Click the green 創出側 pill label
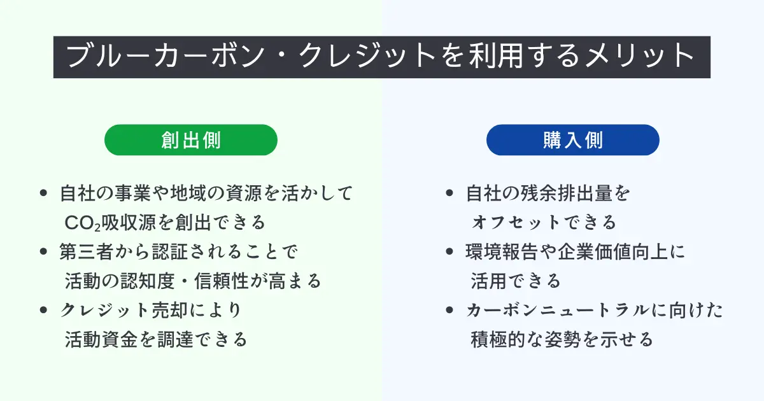pyautogui.click(x=191, y=140)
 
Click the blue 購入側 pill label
pyautogui.click(x=572, y=140)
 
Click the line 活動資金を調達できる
pyautogui.click(x=156, y=339)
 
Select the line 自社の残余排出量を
pyautogui.click(x=548, y=193)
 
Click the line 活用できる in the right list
pyautogui.click(x=516, y=281)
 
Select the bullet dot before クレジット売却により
pyautogui.click(x=44, y=310)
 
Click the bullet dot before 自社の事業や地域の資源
pyautogui.click(x=44, y=193)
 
